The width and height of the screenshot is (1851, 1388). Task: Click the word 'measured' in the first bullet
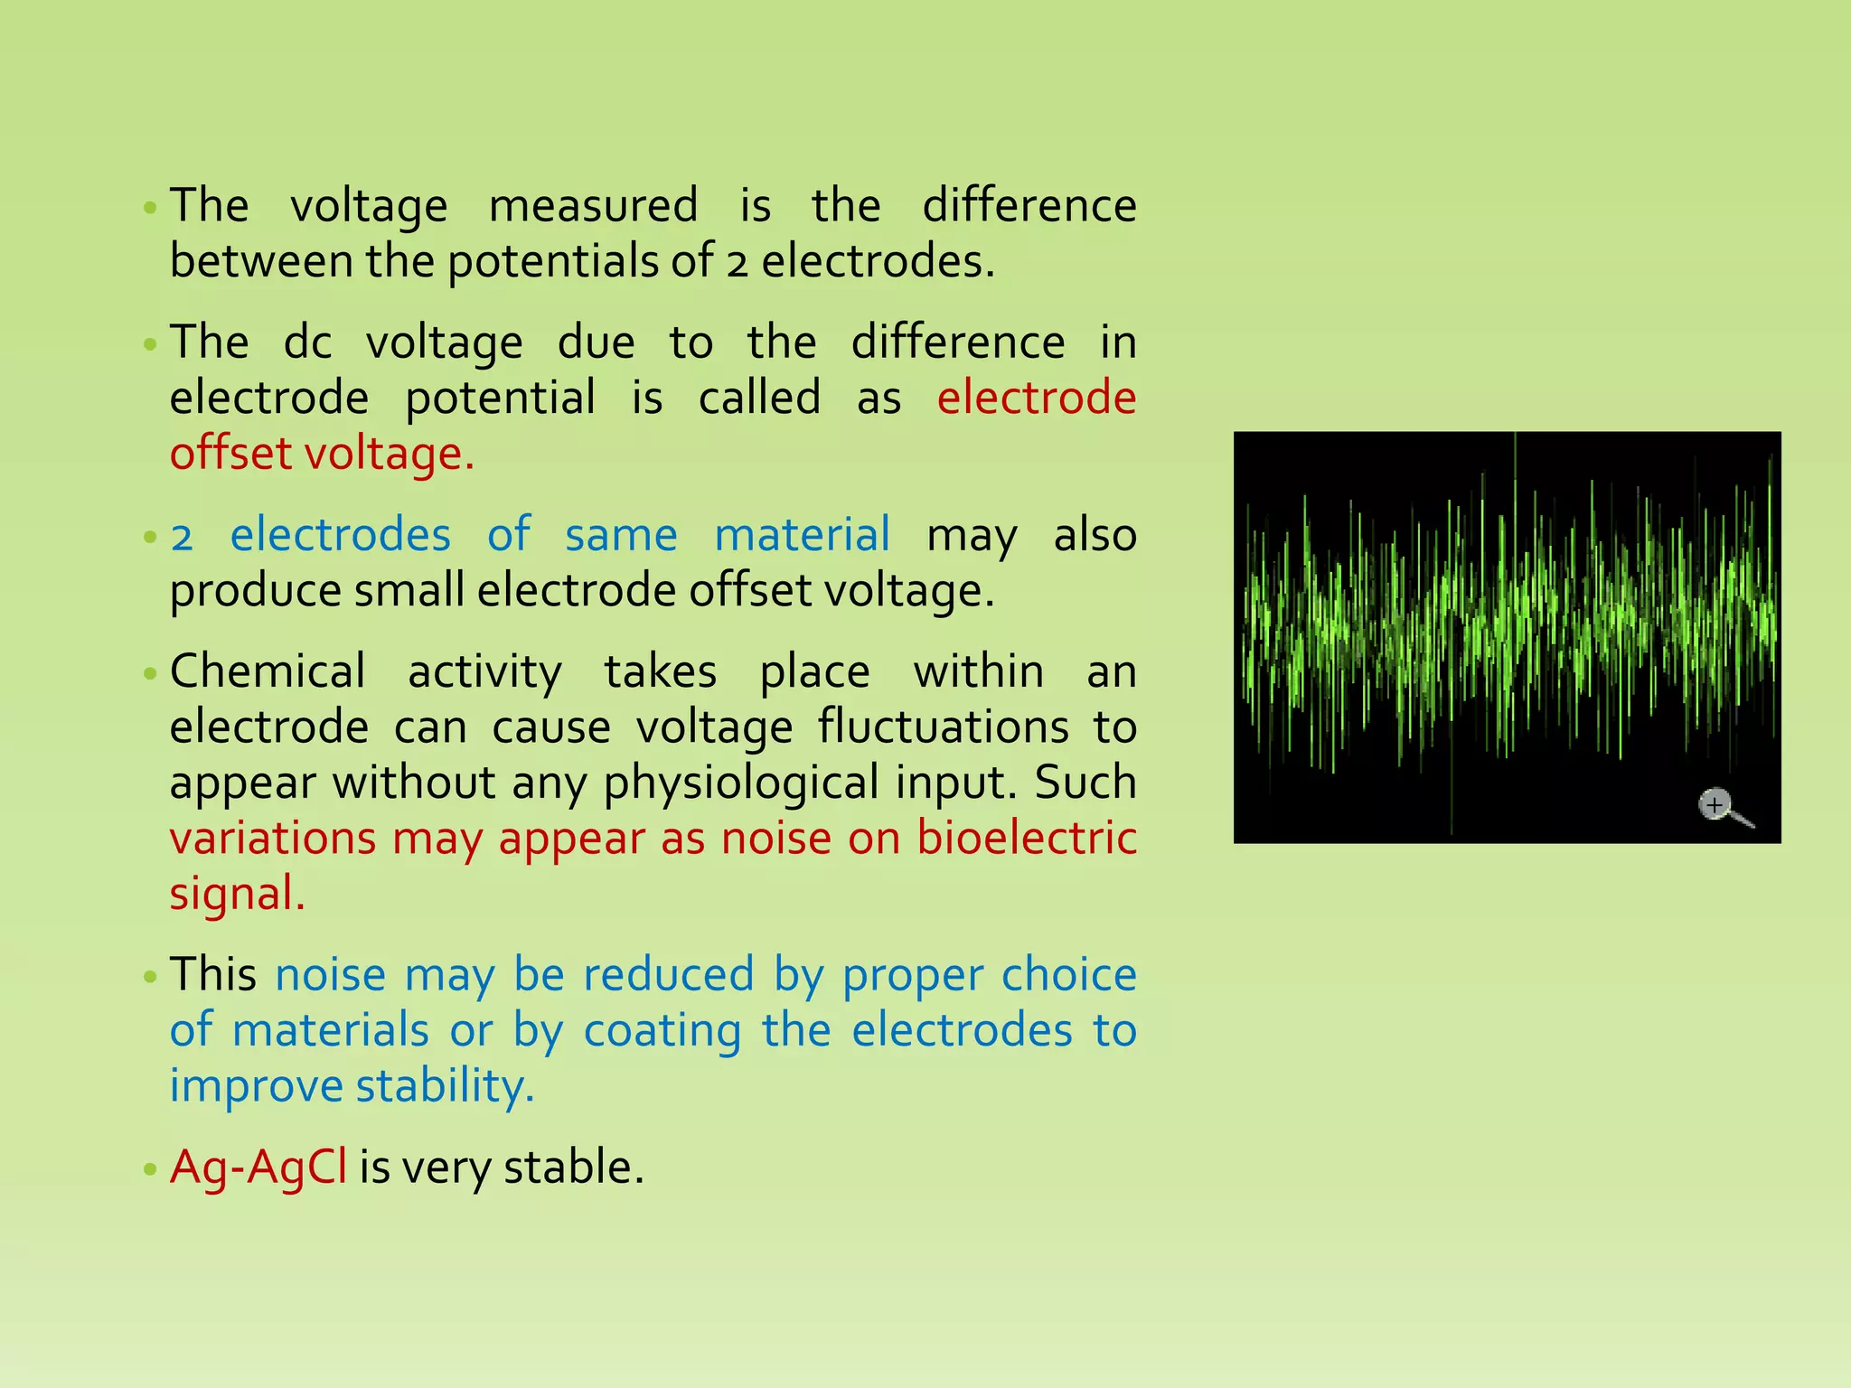pyautogui.click(x=593, y=206)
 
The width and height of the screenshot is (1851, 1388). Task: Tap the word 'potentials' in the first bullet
pyautogui.click(x=553, y=262)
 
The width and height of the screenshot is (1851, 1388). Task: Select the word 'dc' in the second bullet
pyautogui.click(x=307, y=343)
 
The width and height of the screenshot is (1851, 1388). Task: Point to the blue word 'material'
pyautogui.click(x=802, y=535)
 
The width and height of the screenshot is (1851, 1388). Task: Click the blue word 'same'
pyautogui.click(x=621, y=535)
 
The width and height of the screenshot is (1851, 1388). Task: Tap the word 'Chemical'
pyautogui.click(x=268, y=672)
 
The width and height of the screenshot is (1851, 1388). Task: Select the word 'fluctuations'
pyautogui.click(x=943, y=727)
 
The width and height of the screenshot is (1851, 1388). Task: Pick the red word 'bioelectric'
pyautogui.click(x=1027, y=839)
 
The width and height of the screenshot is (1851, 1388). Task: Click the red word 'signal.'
pyautogui.click(x=238, y=895)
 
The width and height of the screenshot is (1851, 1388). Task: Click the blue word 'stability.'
pyautogui.click(x=445, y=1086)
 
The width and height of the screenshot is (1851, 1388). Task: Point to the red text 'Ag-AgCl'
pyautogui.click(x=258, y=1168)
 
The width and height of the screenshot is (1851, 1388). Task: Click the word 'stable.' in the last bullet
pyautogui.click(x=574, y=1168)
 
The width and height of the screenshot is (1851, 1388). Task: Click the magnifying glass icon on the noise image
pyautogui.click(x=1719, y=806)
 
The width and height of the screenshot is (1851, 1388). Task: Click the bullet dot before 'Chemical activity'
pyautogui.click(x=150, y=674)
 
